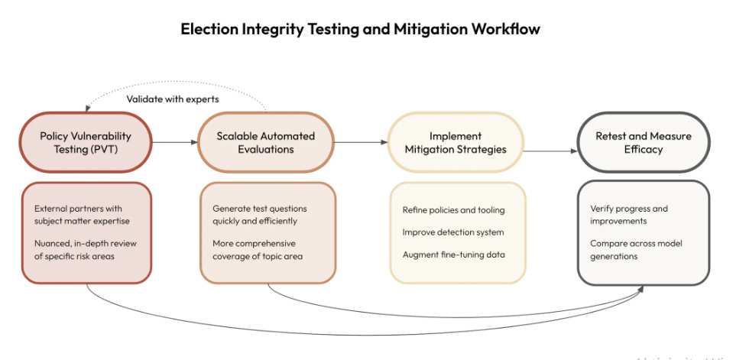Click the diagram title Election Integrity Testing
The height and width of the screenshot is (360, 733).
[x=360, y=30]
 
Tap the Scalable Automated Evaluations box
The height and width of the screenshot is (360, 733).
[x=266, y=142]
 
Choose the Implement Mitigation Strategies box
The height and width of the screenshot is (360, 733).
[x=456, y=142]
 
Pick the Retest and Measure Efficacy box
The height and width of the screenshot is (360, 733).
[x=644, y=142]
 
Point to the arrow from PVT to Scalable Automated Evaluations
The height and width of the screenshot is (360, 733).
[x=174, y=142]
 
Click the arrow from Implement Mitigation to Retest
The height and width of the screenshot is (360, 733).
[x=550, y=151]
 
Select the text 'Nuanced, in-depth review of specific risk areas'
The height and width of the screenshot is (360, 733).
[x=81, y=249]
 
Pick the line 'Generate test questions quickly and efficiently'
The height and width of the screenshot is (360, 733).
[x=258, y=215]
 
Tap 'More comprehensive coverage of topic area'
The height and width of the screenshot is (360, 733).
[x=258, y=249]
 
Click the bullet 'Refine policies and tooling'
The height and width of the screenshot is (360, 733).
[x=453, y=209]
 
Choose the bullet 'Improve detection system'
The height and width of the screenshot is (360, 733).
[x=453, y=232]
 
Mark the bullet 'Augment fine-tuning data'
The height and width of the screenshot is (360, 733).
[x=453, y=253]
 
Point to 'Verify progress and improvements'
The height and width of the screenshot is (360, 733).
[x=629, y=215]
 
